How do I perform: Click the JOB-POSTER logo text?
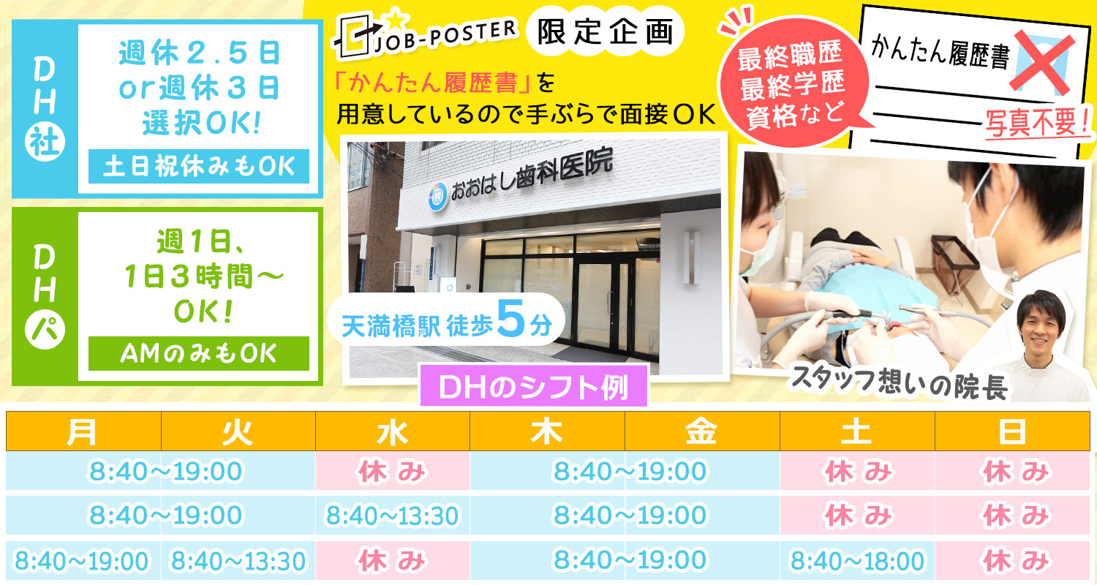(445, 36)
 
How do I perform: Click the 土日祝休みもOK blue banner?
(199, 167)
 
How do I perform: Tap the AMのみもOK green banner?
(199, 353)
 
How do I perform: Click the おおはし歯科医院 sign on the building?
(531, 175)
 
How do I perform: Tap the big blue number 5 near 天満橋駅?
(510, 319)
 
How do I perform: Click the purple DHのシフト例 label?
(534, 387)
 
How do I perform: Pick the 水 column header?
(392, 431)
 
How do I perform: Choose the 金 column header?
(702, 431)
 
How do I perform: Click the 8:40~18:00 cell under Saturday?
(858, 561)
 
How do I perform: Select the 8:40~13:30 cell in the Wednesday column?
(392, 516)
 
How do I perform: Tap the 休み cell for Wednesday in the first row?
(392, 472)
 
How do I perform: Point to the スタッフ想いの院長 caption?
(899, 383)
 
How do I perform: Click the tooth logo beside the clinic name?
(437, 196)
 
